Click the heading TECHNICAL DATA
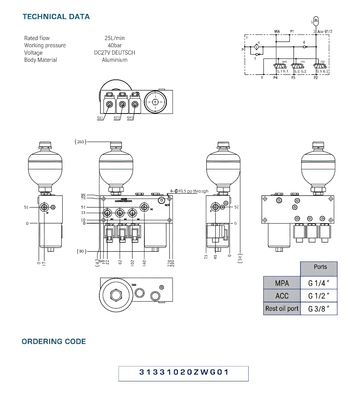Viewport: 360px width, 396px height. click(56, 16)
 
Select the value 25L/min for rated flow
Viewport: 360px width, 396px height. click(114, 38)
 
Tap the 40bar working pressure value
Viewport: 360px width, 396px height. click(114, 45)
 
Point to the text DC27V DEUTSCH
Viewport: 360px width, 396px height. click(114, 53)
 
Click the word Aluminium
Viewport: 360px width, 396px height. click(114, 60)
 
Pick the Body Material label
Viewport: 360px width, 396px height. click(40, 60)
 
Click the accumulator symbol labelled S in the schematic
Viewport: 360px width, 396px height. click(315, 19)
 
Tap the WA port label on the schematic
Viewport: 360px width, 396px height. click(277, 31)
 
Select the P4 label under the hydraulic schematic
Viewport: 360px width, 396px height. click(276, 78)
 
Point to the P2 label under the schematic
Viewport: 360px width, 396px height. click(316, 78)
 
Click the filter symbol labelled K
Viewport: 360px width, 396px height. click(257, 47)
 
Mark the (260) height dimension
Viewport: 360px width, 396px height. click(80, 142)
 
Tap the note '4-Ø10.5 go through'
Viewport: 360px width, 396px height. click(189, 191)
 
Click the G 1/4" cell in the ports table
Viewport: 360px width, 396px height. click(319, 283)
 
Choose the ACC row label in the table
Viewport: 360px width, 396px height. click(282, 296)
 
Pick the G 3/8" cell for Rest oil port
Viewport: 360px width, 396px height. click(319, 309)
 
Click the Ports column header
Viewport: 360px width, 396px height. click(320, 267)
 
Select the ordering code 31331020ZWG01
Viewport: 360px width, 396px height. click(184, 372)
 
